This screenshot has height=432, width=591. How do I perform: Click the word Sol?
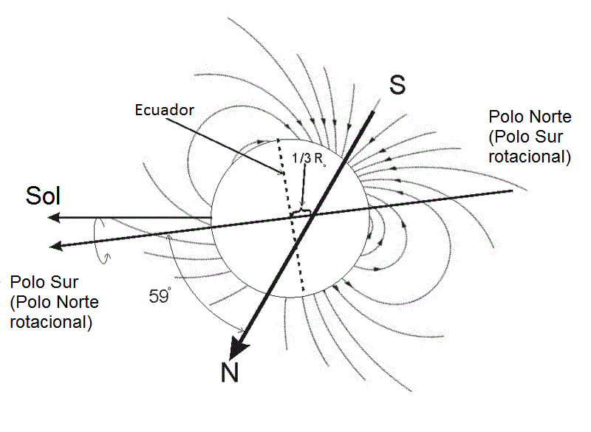43,196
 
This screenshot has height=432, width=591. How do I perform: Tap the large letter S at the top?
397,85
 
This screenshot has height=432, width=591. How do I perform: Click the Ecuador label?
164,110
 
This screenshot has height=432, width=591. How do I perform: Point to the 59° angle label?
160,297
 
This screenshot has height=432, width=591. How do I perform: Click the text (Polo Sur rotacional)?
530,146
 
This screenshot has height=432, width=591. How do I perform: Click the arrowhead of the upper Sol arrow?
52,218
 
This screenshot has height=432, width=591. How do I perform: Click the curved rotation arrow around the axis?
100,244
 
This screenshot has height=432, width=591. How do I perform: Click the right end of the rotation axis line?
512,191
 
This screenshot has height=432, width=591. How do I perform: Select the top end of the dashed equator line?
278,140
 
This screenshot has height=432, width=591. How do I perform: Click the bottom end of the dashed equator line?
302,289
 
